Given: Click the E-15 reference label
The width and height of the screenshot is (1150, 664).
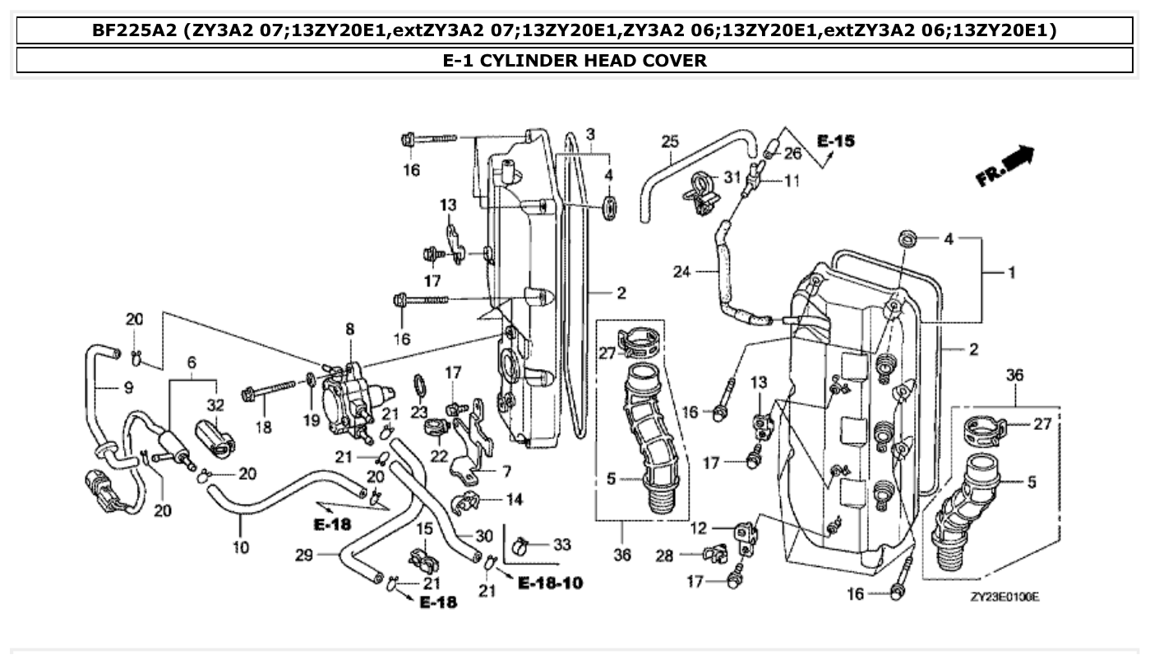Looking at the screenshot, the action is click(835, 141).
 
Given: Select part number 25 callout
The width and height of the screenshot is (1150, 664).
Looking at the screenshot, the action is click(669, 141).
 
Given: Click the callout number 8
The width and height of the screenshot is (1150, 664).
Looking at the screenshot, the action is click(350, 329).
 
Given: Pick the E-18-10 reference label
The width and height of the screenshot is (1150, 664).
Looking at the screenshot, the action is click(550, 583).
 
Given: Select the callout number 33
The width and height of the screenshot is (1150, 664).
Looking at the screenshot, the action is click(561, 544).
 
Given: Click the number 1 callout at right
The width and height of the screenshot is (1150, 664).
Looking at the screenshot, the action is click(1010, 273).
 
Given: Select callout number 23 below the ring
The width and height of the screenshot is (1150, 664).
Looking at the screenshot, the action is click(419, 413).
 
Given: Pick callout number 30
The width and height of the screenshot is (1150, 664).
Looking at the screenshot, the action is click(484, 536).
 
